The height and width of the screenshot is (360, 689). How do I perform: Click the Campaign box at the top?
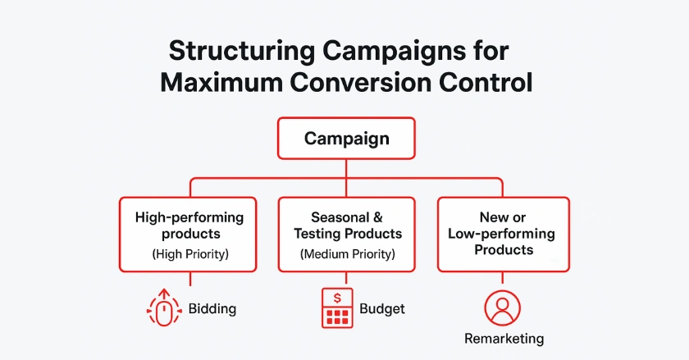pyautogui.click(x=345, y=138)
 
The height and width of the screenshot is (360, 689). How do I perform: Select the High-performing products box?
pyautogui.click(x=189, y=234)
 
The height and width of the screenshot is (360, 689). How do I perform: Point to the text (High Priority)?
pyautogui.click(x=189, y=254)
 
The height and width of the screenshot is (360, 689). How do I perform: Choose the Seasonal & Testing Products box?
pyautogui.click(x=347, y=234)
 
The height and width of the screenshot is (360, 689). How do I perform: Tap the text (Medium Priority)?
pyautogui.click(x=347, y=254)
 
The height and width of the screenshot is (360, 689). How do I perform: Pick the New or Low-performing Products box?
pyautogui.click(x=502, y=234)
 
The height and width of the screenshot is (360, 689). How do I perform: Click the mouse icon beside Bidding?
pyautogui.click(x=165, y=309)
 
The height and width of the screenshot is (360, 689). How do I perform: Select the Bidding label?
pyautogui.click(x=212, y=309)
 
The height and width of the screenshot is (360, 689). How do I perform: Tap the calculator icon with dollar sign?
pyautogui.click(x=336, y=309)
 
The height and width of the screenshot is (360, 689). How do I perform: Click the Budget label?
pyautogui.click(x=382, y=309)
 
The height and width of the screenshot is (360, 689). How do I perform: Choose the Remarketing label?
pyautogui.click(x=504, y=338)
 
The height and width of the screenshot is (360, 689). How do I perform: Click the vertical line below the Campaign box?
pyautogui.click(x=345, y=167)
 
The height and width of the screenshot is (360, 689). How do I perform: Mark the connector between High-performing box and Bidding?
pyautogui.click(x=189, y=279)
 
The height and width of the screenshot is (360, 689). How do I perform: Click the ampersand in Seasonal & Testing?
pyautogui.click(x=377, y=218)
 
